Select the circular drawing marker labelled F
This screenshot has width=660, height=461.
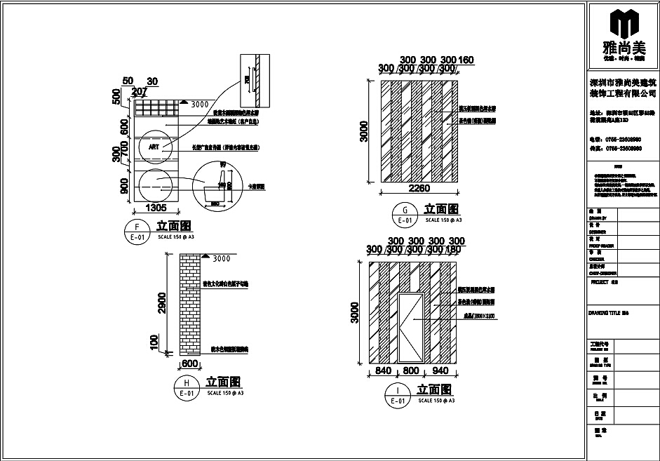tap(136, 231)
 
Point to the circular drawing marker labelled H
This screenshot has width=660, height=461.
tap(186, 388)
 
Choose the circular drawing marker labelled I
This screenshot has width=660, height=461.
tap(398, 395)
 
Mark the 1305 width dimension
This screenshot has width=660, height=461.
tap(155, 208)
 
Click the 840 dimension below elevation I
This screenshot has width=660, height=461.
tap(384, 370)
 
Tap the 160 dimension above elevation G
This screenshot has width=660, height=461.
tap(466, 60)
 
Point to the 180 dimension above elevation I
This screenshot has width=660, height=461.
tap(452, 250)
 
